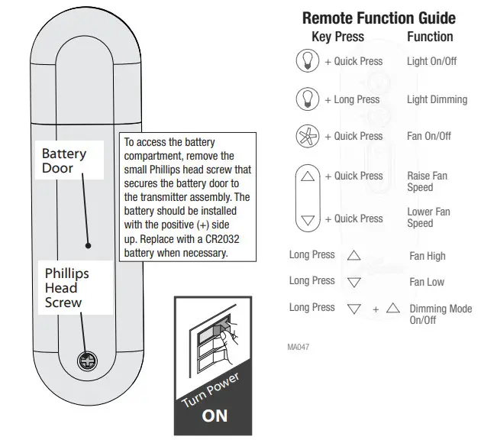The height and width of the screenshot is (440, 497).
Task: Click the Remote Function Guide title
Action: click(x=379, y=18)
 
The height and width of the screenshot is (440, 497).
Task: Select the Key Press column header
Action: click(x=338, y=37)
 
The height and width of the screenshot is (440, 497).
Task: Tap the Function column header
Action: click(x=430, y=37)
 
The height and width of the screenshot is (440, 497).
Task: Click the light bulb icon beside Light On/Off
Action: click(x=307, y=61)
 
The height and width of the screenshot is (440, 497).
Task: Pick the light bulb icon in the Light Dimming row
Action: click(x=307, y=99)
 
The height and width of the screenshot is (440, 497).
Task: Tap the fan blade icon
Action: click(x=307, y=136)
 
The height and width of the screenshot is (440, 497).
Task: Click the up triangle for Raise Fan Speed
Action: click(x=308, y=176)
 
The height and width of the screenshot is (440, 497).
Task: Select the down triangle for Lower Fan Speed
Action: click(x=308, y=219)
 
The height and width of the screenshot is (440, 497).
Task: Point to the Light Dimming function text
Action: click(x=437, y=99)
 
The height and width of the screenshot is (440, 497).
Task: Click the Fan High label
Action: click(x=428, y=257)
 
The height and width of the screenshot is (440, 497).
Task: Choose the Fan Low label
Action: click(x=427, y=282)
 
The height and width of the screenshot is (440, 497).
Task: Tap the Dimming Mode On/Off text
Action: click(x=441, y=315)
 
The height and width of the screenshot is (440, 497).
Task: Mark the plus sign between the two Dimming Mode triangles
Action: click(x=376, y=309)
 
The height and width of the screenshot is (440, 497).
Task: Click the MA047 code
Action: click(x=299, y=347)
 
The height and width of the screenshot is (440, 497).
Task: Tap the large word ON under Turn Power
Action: click(x=215, y=416)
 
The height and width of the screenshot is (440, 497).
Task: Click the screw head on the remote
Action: click(x=86, y=361)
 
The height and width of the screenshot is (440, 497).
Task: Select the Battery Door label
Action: click(x=64, y=160)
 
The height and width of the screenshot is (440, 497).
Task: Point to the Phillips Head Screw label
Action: click(x=66, y=287)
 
